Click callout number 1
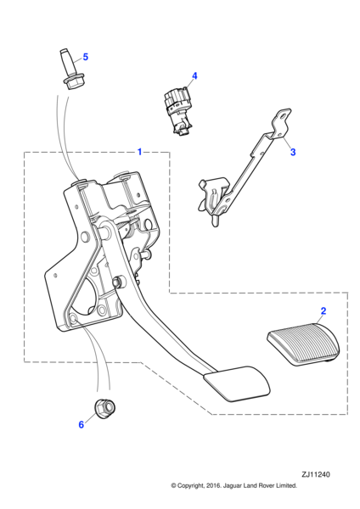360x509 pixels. pyautogui.click(x=139, y=152)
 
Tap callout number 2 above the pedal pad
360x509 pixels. pyautogui.click(x=323, y=311)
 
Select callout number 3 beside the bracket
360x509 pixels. pyautogui.click(x=293, y=152)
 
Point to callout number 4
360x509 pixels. pyautogui.click(x=194, y=76)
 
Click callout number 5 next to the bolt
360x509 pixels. pyautogui.click(x=85, y=57)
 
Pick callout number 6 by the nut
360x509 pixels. pyautogui.click(x=82, y=424)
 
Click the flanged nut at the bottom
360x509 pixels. pyautogui.click(x=105, y=407)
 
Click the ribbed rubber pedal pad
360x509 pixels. pyautogui.click(x=303, y=344)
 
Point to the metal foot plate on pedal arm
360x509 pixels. pyautogui.click(x=237, y=383)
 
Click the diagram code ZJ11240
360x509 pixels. pyautogui.click(x=316, y=474)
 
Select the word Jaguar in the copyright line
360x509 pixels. pyautogui.click(x=233, y=485)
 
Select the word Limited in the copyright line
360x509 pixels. pyautogui.click(x=287, y=485)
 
